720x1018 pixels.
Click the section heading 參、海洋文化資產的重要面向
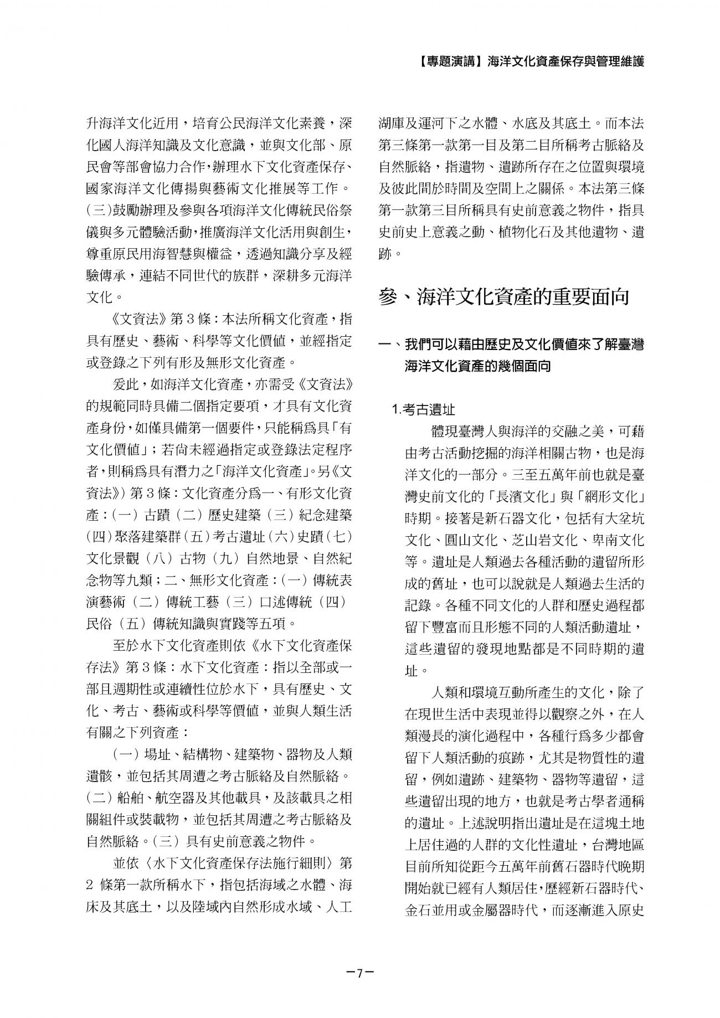coord(504,296)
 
